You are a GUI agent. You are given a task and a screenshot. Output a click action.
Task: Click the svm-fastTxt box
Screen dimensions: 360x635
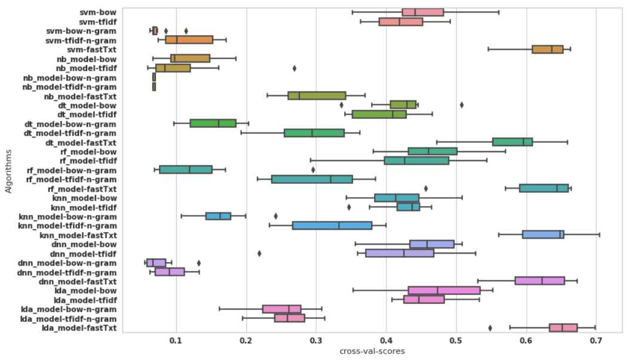pos(547,49)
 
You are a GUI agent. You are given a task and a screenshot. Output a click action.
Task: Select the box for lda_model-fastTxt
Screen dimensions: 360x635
pos(563,328)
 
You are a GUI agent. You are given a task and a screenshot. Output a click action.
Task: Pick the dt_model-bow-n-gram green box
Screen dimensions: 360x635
pos(213,124)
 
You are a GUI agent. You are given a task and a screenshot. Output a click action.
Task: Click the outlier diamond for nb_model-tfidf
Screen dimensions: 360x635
pos(294,68)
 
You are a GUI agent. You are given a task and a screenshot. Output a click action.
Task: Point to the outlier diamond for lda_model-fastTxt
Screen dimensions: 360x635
pos(490,328)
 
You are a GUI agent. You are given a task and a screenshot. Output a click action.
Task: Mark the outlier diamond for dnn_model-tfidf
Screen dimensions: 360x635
pos(259,254)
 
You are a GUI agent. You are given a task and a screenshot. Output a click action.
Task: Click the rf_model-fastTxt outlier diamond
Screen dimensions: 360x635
pos(426,189)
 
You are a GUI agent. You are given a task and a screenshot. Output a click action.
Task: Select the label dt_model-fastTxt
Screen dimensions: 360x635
pos(81,142)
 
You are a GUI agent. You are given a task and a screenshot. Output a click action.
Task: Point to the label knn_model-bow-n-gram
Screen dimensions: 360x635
pos(76,217)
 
